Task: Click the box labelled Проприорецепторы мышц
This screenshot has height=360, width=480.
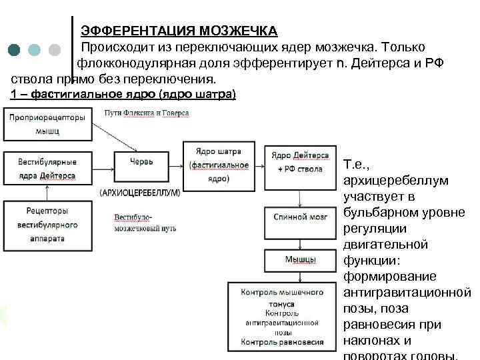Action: (47, 124)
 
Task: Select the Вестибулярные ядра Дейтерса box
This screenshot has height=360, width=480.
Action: (47, 168)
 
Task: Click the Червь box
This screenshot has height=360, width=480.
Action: (141, 161)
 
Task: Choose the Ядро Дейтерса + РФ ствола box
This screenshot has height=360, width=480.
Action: (299, 162)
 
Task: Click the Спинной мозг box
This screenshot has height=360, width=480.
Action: (299, 217)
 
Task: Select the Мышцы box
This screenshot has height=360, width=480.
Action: (299, 259)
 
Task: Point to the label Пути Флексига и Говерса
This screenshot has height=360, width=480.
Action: (147, 113)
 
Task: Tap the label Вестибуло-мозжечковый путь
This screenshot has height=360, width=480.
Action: (145, 223)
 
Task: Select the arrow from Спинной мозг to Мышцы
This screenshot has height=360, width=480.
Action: (299, 238)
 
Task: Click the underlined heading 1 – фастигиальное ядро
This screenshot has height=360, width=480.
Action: (123, 94)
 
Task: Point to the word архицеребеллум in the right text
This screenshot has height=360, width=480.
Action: (395, 181)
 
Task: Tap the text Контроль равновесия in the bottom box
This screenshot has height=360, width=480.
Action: (282, 342)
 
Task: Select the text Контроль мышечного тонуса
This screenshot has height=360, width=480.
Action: (282, 297)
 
